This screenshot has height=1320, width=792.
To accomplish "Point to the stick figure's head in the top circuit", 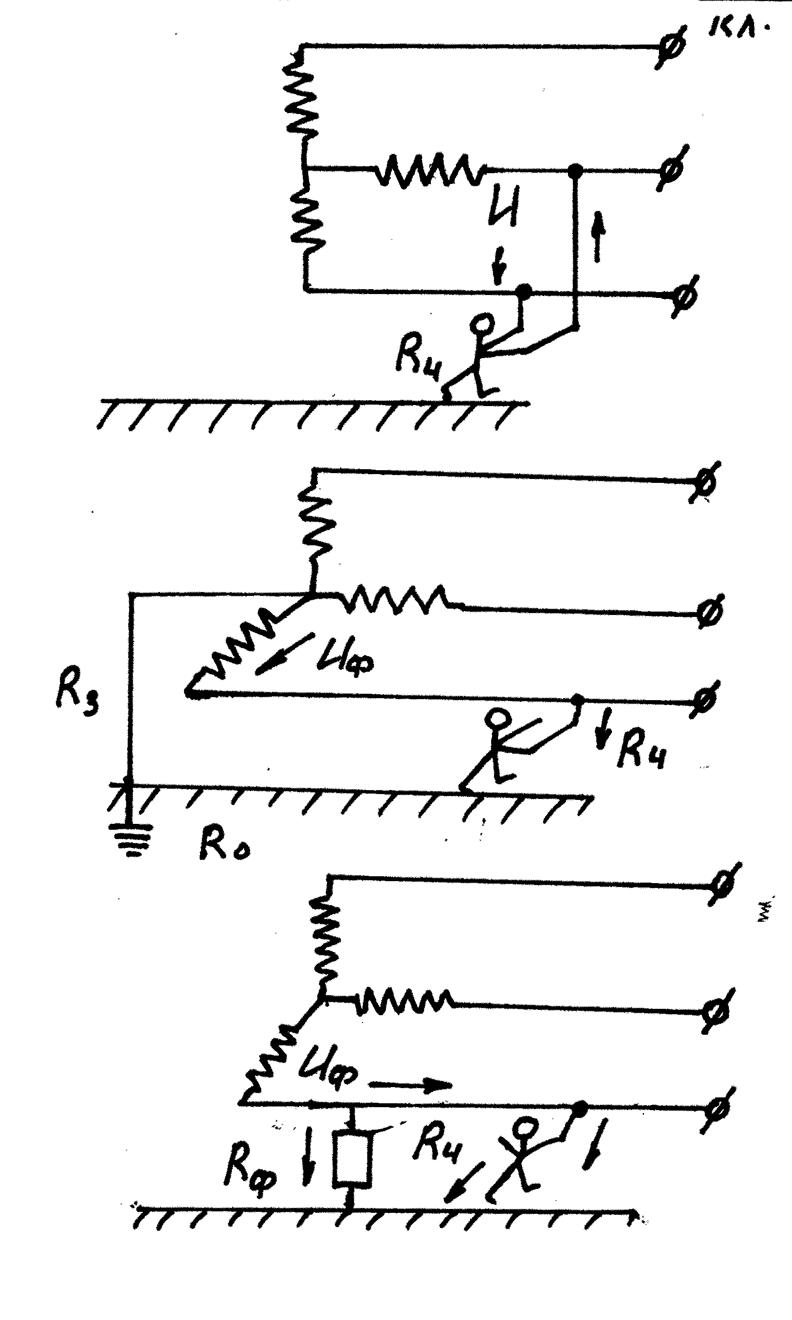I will click(x=485, y=324).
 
